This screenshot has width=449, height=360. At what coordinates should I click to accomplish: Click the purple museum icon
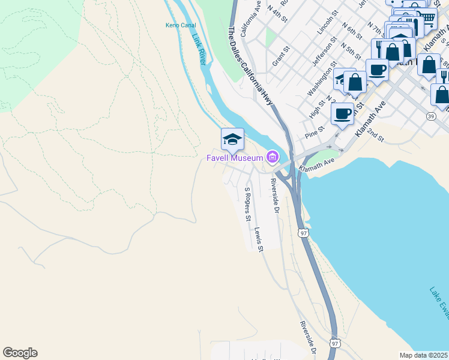(x=273, y=158)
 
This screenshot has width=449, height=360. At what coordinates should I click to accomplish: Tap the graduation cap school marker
(x=232, y=140)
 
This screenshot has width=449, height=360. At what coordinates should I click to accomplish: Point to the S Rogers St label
(x=247, y=205)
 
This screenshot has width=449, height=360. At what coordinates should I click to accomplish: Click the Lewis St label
(x=259, y=239)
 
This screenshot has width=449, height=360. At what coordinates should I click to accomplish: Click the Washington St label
(x=319, y=82)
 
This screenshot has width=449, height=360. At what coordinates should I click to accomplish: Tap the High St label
(x=316, y=108)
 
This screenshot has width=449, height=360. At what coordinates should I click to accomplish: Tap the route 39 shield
(x=431, y=116)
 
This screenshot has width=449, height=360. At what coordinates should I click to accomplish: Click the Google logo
(x=20, y=353)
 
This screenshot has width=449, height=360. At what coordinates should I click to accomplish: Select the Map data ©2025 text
(x=423, y=355)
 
